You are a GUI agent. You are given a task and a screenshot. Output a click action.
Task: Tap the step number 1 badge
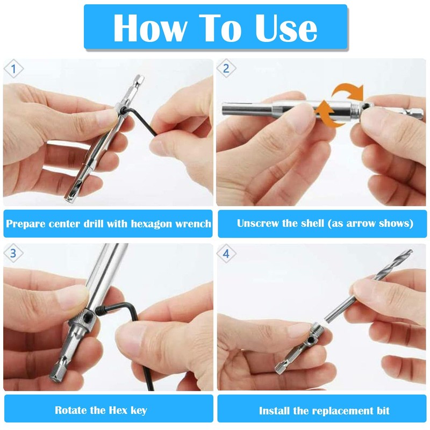[14, 69]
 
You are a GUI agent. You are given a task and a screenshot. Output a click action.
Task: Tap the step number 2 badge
[226, 69]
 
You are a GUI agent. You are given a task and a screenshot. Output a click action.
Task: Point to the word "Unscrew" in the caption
[258, 224]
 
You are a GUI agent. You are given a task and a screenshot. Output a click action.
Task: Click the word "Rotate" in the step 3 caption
[73, 411]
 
